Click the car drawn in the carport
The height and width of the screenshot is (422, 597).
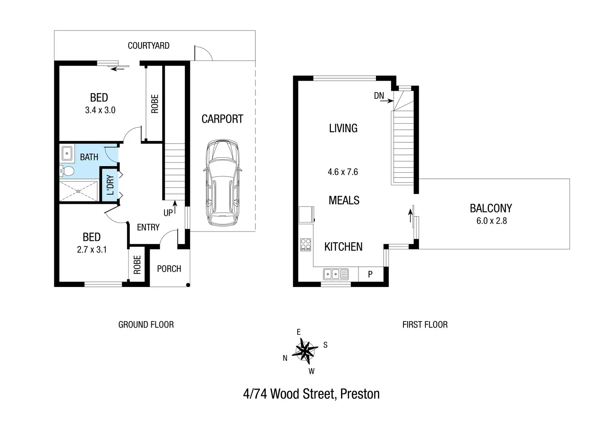(223, 183)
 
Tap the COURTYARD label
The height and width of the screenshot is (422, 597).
(148, 46)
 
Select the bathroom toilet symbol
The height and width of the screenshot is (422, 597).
(67, 171)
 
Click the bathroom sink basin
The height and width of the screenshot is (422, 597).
(67, 154)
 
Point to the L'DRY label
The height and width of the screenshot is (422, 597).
(110, 185)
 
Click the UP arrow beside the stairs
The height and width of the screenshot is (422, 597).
(175, 207)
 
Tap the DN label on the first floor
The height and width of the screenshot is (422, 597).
(379, 96)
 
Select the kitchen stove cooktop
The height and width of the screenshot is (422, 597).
(305, 244)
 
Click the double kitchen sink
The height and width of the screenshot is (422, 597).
(336, 274)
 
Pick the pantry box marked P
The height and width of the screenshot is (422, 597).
(371, 274)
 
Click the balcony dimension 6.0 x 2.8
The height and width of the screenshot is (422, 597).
(492, 221)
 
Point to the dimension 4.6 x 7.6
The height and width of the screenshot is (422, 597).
(343, 172)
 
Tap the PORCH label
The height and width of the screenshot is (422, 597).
(169, 269)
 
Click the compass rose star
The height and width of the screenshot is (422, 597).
(305, 351)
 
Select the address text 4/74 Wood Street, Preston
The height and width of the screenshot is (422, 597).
(311, 394)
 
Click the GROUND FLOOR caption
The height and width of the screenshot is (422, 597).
(146, 324)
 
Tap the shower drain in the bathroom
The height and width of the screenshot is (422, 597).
(78, 191)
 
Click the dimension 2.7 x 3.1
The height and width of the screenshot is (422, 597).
(92, 250)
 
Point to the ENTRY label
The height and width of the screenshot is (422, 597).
(148, 227)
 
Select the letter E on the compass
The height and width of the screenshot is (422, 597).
(298, 332)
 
